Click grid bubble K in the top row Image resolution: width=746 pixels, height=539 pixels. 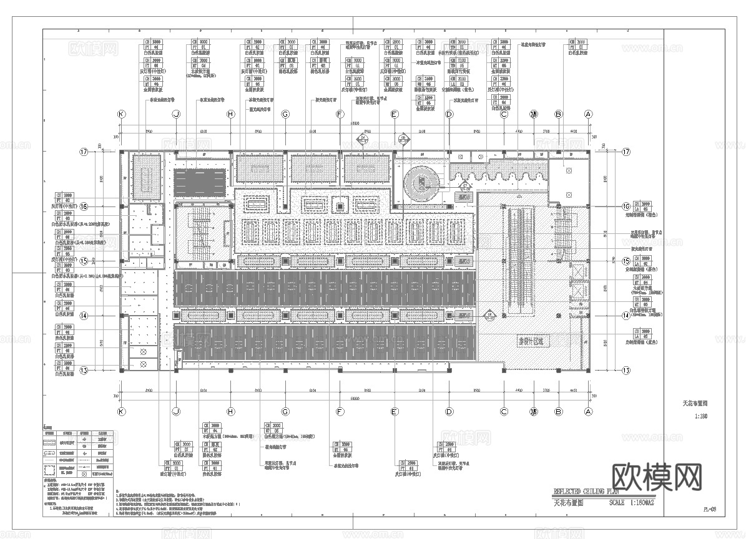coord(121,114)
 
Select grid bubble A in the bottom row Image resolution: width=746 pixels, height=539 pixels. coord(587,411)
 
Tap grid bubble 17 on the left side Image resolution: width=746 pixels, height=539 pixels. coord(83,152)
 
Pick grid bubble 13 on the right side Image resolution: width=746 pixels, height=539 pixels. coord(626,370)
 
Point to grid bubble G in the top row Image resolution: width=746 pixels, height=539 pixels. coord(285,114)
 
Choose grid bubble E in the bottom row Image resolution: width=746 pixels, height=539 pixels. coord(394,411)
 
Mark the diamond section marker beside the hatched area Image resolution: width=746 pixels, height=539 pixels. coord(489,314)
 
